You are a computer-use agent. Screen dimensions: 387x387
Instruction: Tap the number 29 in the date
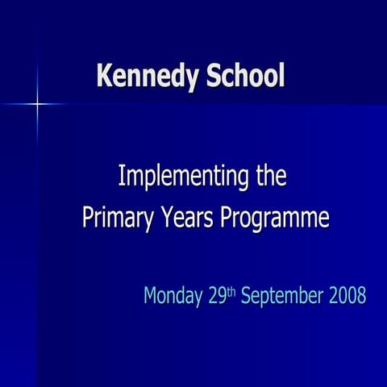click(x=216, y=295)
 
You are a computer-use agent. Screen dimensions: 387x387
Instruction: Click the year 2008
click(x=347, y=295)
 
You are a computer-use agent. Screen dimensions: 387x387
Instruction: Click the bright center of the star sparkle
click(x=37, y=104)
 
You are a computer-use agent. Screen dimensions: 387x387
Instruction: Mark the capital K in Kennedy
click(x=103, y=76)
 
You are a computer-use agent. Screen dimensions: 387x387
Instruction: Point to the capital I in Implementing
click(x=122, y=175)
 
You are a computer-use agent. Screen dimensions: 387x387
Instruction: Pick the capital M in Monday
click(x=151, y=295)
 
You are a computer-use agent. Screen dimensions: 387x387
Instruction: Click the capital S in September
click(x=245, y=295)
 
